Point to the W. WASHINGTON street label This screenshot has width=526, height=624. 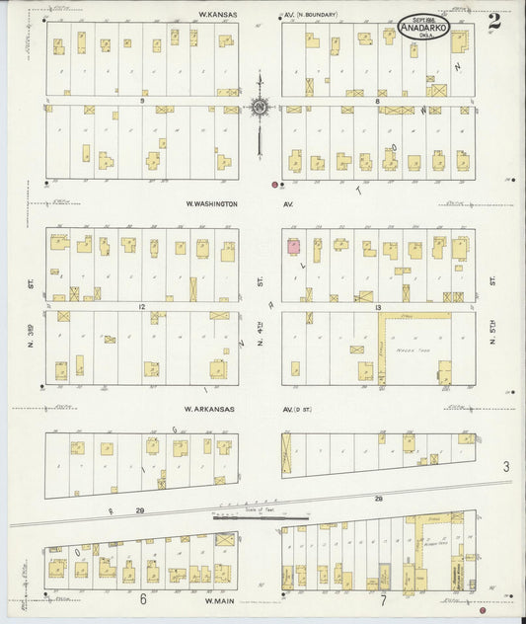212,204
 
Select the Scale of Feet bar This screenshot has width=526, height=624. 262,513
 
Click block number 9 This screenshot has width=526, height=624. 142,101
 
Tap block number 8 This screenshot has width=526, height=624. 377,101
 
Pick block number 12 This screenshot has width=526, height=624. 142,307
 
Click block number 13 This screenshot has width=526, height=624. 377,307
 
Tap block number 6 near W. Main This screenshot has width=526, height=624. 143,599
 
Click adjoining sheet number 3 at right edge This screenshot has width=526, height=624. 504,466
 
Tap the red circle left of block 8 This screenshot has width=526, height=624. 274,184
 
